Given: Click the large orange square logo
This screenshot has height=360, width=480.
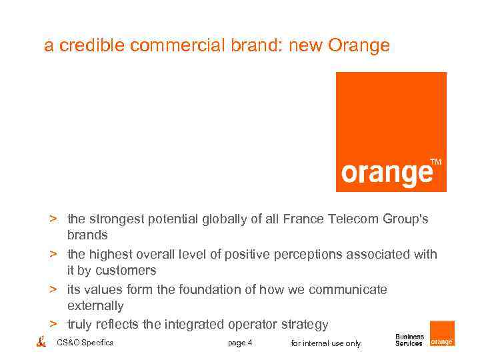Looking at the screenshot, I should coord(391,131).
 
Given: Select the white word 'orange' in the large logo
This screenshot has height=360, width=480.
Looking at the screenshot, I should coord(387,173).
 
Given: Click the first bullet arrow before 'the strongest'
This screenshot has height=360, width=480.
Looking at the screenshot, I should coord(51,219).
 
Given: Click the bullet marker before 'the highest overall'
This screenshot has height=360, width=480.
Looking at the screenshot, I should coord(51,254).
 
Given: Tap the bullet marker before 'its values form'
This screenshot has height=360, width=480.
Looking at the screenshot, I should coord(51,289).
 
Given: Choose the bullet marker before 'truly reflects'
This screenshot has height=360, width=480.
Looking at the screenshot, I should coord(51,325).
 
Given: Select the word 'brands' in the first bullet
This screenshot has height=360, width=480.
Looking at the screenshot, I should coord(87,235).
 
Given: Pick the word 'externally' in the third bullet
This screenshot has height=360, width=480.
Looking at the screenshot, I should coord(95,306).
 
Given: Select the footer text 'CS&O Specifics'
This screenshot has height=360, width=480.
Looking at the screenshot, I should coord(85,343).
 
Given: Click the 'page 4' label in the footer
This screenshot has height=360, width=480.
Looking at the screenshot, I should coord(240,343).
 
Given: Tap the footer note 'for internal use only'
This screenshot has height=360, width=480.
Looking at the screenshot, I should coord(326,343).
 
